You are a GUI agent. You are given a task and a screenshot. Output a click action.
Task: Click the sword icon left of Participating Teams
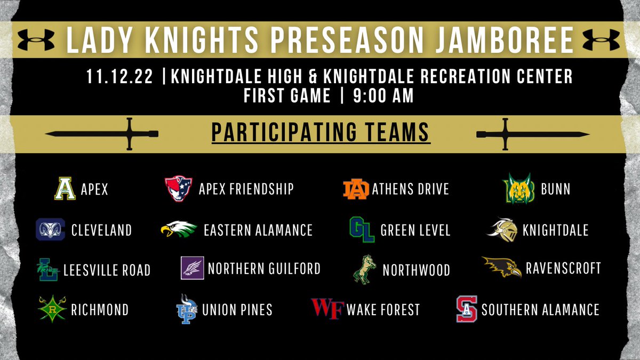tap(101, 133)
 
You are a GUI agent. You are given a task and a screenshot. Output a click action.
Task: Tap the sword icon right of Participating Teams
tap(533, 133)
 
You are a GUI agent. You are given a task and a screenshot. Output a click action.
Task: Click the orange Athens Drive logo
tap(356, 189)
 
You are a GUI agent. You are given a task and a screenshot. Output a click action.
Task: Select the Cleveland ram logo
tap(50, 229)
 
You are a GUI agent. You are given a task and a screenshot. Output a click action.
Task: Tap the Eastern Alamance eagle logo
tap(179, 229)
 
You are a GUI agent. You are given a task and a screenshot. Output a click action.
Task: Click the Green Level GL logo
tap(361, 229)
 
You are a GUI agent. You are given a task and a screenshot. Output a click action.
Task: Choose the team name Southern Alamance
tap(540, 309)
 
